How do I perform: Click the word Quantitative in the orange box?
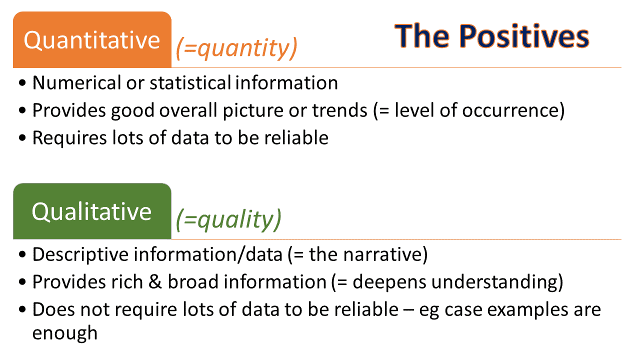point(91,40)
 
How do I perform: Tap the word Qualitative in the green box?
point(91,211)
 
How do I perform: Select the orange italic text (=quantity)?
point(236,48)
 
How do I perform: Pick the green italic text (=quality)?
point(228,219)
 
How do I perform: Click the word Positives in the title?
point(524,36)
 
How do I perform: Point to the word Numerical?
point(77,83)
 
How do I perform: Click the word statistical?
point(190,83)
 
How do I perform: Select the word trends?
point(339,110)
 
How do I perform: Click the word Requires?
point(69,138)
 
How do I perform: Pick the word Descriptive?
point(80,254)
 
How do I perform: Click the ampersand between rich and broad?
point(155,281)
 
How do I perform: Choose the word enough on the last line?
point(65,333)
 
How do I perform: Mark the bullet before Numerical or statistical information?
point(22,83)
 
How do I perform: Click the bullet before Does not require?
point(22,309)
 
